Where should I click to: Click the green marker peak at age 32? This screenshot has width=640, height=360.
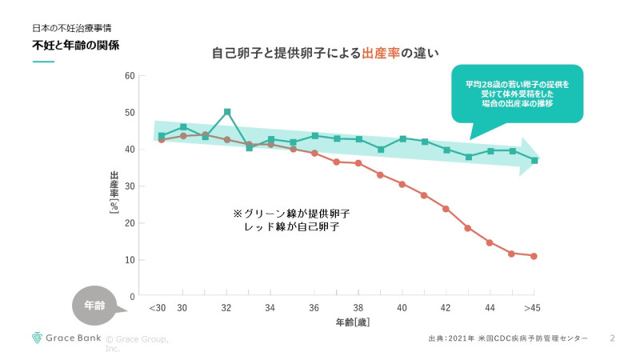pos(227,112)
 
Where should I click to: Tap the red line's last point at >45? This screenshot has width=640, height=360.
pos(534,256)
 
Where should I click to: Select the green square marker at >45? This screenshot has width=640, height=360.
pos(534,161)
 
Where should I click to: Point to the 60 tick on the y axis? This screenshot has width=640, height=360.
pos(129,76)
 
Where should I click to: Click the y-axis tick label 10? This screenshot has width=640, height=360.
pos(129,260)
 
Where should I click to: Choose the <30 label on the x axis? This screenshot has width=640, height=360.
pos(157,308)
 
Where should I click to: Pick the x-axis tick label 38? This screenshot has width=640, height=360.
pos(358,308)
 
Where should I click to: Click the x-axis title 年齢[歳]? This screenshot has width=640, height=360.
pos(352,322)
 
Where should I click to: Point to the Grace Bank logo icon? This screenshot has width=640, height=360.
pos(37,338)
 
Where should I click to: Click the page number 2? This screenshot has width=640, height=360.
pos(612,338)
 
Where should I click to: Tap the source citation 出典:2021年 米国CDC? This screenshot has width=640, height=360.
pos(507,339)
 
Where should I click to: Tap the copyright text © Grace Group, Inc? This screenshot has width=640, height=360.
pos(136,343)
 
